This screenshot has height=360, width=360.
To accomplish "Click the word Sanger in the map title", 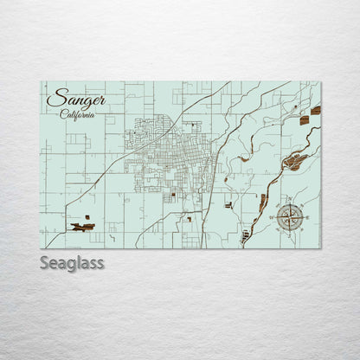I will click(77, 99).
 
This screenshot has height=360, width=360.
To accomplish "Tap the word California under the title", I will click(78, 115).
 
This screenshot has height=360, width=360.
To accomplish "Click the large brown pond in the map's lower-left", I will click(82, 227).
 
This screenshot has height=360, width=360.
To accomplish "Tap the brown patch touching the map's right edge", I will click(316, 111).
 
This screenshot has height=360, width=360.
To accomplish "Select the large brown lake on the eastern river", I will click(295, 160).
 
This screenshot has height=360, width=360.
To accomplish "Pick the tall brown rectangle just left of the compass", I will click(262, 202).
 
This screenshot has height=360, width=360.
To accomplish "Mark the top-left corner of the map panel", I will click(41, 82).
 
